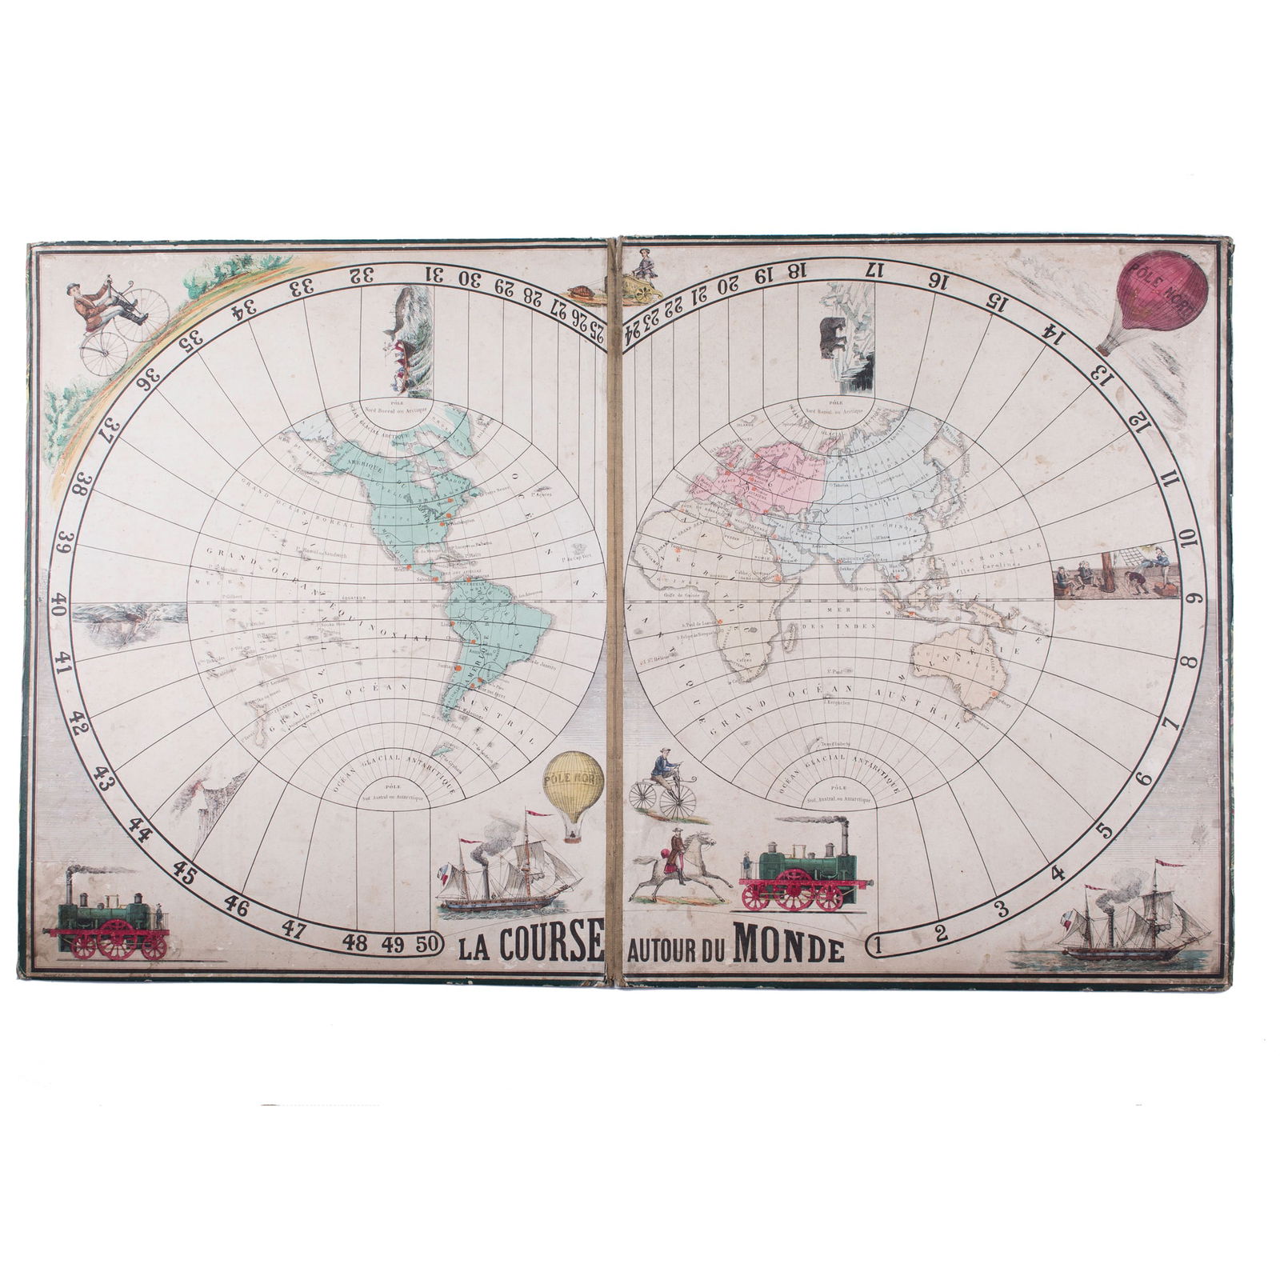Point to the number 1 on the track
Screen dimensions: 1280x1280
[x=878, y=944]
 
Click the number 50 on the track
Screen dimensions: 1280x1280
[x=426, y=943]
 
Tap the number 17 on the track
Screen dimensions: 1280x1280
[x=878, y=270]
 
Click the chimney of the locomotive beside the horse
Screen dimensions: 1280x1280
[x=842, y=835]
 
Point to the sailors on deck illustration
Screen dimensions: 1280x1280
[x=1117, y=572]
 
